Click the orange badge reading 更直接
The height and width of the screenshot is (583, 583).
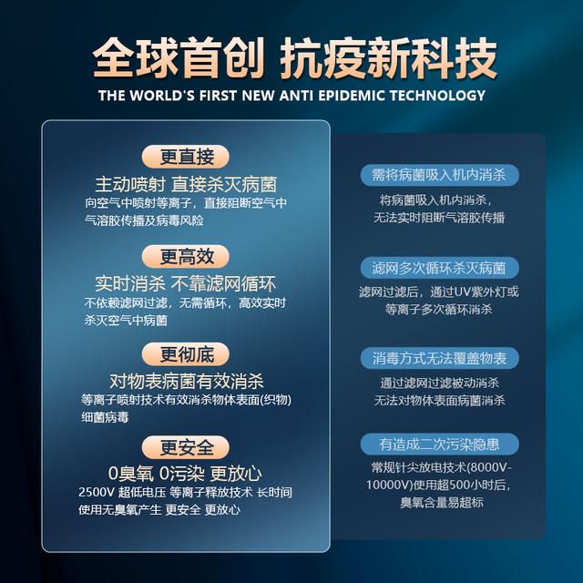185,157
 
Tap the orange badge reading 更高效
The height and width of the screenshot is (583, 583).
185,257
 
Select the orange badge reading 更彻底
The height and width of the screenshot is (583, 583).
185,354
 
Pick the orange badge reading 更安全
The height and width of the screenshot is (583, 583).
185,447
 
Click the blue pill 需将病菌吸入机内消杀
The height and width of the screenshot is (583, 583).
439,175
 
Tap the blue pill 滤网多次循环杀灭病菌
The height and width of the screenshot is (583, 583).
439,268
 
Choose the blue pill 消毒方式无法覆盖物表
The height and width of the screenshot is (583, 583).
439,358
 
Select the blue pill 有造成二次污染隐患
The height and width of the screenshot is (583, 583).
439,444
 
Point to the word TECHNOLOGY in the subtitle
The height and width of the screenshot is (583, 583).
437,96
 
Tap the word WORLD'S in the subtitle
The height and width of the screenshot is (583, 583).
162,96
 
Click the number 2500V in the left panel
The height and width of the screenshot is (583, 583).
96,492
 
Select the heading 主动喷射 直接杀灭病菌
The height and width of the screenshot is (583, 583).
186,184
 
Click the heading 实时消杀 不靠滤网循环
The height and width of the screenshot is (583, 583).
186,284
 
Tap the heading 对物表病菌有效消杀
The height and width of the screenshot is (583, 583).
186,381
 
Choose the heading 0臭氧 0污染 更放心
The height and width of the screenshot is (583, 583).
185,474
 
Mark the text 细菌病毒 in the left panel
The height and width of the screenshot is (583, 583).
106,417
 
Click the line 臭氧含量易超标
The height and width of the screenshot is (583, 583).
442,503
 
